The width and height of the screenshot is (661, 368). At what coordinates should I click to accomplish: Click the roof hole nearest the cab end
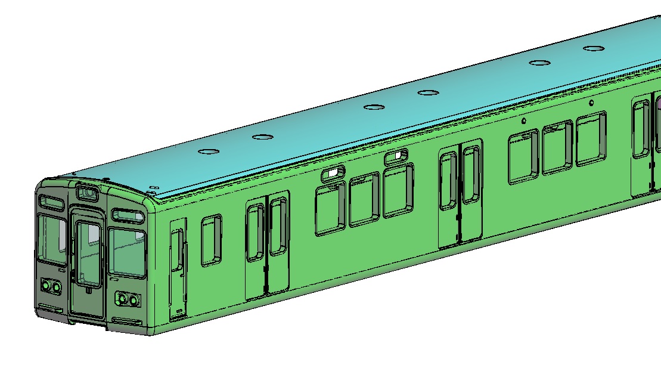click(x=208, y=151)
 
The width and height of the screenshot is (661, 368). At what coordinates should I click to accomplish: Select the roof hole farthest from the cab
click(x=594, y=49)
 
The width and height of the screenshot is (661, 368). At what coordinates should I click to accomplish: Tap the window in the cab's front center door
click(x=88, y=252)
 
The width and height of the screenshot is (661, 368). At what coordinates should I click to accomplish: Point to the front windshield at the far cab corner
click(x=51, y=239)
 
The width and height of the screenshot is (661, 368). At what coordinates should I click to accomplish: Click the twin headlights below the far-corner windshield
click(x=52, y=287)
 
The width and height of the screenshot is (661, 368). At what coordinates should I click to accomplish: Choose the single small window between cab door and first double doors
click(x=211, y=240)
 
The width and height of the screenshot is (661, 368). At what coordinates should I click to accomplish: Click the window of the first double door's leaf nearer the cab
click(x=255, y=232)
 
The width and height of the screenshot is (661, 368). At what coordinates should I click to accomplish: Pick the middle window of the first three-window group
click(x=364, y=199)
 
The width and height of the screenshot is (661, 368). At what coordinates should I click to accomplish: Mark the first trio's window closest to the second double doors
click(x=398, y=190)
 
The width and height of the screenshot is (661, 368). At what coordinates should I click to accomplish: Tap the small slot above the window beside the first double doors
click(x=333, y=174)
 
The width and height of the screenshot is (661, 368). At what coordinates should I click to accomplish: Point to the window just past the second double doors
click(x=523, y=157)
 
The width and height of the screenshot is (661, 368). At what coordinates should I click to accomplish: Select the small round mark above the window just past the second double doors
click(x=523, y=121)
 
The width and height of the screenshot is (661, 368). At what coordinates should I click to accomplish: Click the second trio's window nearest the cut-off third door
click(x=591, y=139)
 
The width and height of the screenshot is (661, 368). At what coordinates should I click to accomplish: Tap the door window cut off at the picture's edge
click(x=641, y=129)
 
